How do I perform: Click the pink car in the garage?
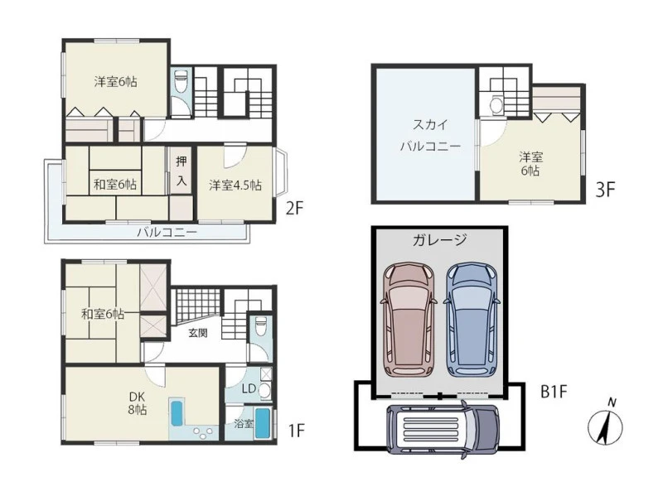coord(409,320)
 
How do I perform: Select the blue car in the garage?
coord(472,320)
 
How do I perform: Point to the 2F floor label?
coord(295,209)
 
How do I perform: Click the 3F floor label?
coord(605,189)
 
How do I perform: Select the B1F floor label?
coord(554,392)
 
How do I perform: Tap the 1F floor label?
coord(297,431)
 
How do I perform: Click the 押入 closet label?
coord(181,171)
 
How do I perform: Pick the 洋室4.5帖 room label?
coord(235,185)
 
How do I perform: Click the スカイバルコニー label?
coord(430,136)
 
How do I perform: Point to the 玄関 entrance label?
coord(198,333)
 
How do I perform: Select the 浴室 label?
coord(244,423)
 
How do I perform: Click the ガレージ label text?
coord(440,239)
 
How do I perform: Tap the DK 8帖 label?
coord(137,402)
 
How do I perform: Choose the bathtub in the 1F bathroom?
coord(262,424)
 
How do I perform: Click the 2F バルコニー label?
coord(167,233)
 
